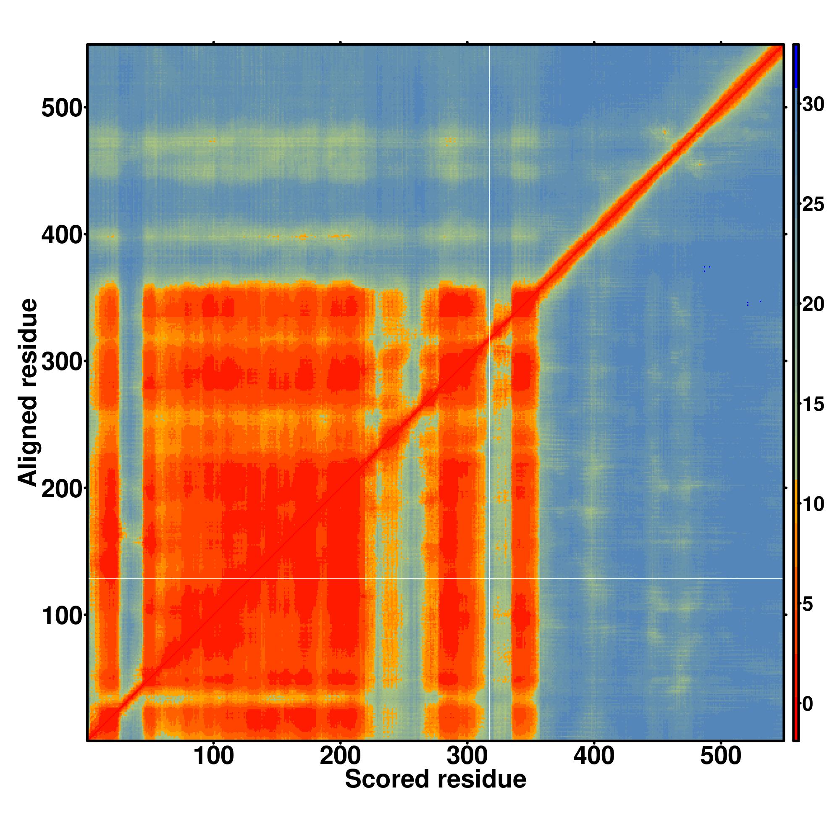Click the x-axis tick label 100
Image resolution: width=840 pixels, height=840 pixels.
click(213, 756)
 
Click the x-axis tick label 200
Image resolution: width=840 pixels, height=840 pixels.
click(340, 756)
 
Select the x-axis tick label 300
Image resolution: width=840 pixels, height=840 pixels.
click(467, 756)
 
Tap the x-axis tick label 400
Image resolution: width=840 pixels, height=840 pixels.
click(593, 756)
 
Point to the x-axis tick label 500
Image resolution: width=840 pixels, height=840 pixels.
click(720, 756)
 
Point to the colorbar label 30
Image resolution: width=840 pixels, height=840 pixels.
click(813, 105)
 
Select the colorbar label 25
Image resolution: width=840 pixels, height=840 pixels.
click(813, 205)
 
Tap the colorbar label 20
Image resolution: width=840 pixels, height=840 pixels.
click(813, 305)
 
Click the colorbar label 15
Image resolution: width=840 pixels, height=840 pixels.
click(813, 405)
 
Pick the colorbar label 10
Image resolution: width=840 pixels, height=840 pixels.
click(813, 504)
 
